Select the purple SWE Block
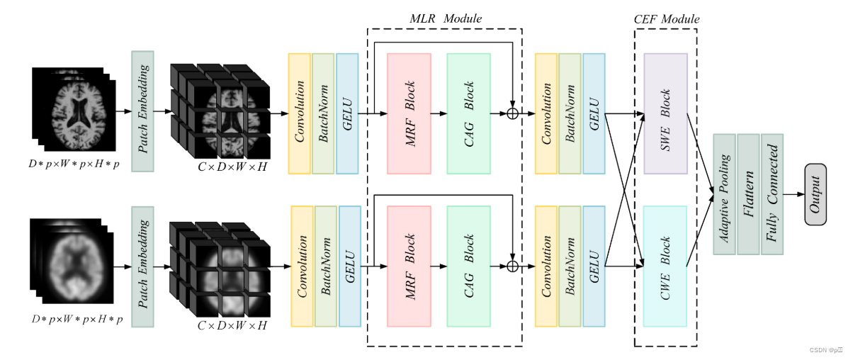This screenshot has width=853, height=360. click(x=665, y=113)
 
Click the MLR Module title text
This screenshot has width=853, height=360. click(x=444, y=18)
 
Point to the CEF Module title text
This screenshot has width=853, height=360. click(x=665, y=19)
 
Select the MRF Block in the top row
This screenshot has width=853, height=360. click(x=409, y=113)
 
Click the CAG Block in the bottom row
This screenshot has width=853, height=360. click(x=469, y=266)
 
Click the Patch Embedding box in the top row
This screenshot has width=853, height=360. click(x=143, y=111)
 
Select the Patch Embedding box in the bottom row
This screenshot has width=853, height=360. click(x=143, y=266)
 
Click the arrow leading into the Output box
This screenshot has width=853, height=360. click(x=793, y=193)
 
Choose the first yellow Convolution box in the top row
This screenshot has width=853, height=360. click(x=299, y=113)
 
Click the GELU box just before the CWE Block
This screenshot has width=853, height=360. click(x=594, y=266)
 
